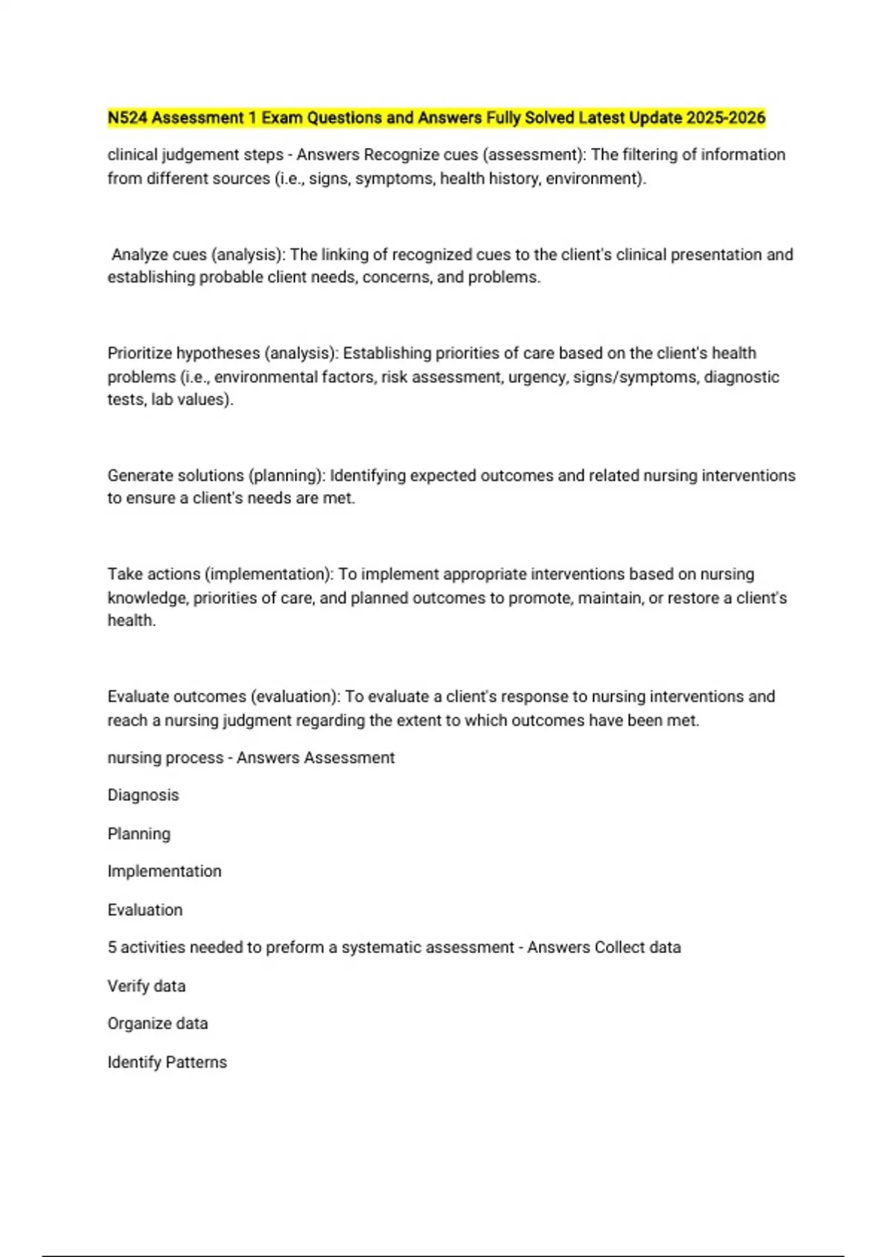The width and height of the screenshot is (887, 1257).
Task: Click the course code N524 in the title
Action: coord(127,118)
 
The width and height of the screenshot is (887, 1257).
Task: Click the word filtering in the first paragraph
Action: coord(647,155)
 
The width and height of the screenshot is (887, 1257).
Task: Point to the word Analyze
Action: coord(138,255)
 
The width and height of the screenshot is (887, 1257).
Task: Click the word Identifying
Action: coord(367,475)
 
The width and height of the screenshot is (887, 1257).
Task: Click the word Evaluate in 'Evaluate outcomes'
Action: coord(140,697)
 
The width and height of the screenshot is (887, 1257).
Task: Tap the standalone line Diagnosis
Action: coord(143,796)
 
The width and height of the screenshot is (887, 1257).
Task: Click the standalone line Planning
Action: coord(139,834)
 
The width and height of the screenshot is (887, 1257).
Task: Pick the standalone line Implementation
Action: coord(164,872)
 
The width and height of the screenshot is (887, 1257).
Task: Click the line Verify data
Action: coord(146,986)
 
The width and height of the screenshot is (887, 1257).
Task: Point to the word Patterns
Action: coord(197,1063)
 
